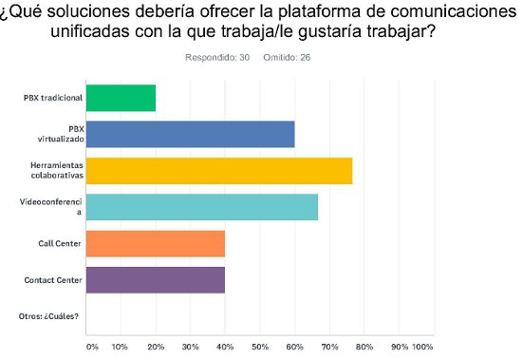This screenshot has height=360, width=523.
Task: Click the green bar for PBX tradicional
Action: pos(121,98)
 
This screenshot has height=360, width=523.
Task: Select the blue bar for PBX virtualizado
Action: pos(190,134)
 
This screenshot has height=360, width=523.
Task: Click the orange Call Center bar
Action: pos(156,243)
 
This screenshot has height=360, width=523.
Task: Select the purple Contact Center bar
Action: pos(156,279)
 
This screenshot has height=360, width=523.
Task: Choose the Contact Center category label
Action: pos(55,279)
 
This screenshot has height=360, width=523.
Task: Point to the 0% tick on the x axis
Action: pos(92,346)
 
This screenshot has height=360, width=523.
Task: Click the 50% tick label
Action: pos(260,346)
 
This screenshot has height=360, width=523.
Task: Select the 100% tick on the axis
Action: pos(422,346)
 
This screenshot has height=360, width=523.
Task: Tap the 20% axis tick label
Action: pos(156,346)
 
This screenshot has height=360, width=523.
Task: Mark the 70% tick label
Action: pos(329,346)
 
